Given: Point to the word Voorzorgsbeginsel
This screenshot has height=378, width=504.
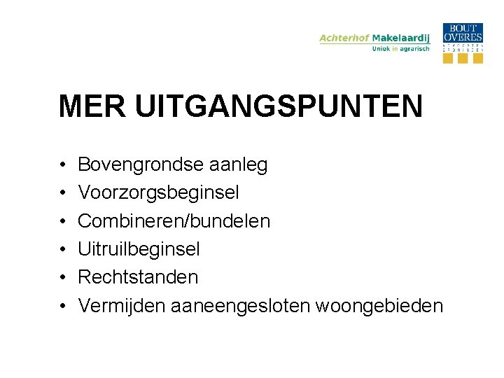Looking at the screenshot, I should (x=158, y=193).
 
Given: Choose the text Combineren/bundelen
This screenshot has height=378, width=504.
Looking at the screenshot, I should (x=174, y=221).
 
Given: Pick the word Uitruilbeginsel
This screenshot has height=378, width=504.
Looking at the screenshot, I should (x=139, y=249).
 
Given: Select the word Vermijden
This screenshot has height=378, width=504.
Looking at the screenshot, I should (x=118, y=306).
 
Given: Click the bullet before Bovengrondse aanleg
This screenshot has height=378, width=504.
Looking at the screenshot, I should (x=62, y=166).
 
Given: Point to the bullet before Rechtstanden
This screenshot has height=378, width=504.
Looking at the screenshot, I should (x=62, y=278).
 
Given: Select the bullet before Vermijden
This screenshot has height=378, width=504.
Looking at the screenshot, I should (x=62, y=306).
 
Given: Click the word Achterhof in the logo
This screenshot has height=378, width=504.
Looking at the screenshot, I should (x=344, y=38).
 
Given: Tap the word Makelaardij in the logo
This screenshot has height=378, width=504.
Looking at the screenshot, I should (x=401, y=38).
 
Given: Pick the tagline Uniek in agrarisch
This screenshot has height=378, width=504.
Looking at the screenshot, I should (x=400, y=49).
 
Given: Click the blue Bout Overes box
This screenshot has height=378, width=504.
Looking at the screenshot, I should (x=463, y=33).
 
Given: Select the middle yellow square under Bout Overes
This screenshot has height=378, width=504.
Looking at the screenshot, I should (x=463, y=58).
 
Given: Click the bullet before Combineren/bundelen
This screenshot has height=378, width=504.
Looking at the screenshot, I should (x=62, y=222).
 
